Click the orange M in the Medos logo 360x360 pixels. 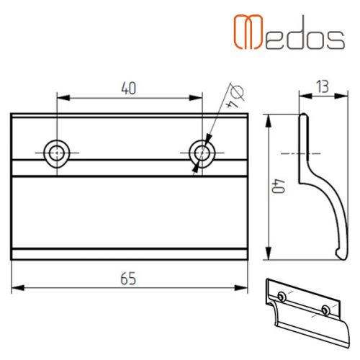pyautogui.click(x=248, y=32)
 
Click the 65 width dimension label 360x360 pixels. pyautogui.click(x=128, y=279)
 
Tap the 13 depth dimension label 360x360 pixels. pyautogui.click(x=323, y=86)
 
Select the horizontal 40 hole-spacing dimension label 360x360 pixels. pyautogui.click(x=129, y=88)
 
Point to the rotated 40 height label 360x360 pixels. pyautogui.click(x=279, y=186)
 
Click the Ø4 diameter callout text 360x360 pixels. pyautogui.click(x=235, y=96)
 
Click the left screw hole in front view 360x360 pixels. pyautogui.click(x=57, y=153)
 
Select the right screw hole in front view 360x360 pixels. pyautogui.click(x=202, y=153)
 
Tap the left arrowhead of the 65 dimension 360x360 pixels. pyautogui.click(x=18, y=287)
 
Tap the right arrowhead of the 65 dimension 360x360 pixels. pyautogui.click(x=241, y=287)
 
